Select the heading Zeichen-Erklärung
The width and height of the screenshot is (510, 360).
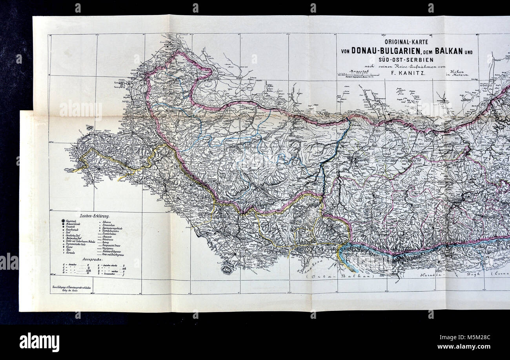(95, 216)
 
